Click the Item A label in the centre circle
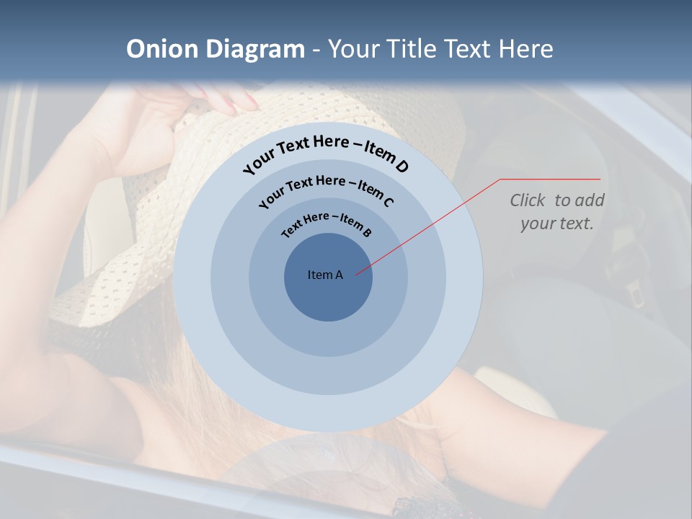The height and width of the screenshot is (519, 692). click(x=325, y=275)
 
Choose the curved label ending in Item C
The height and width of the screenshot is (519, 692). click(x=326, y=189)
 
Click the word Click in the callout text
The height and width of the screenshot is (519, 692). click(x=528, y=200)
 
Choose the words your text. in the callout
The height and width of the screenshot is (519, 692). click(x=556, y=223)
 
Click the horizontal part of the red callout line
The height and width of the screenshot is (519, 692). click(x=550, y=179)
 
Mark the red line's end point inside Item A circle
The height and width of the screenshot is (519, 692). click(x=356, y=273)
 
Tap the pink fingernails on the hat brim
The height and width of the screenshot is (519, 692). click(x=231, y=105)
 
